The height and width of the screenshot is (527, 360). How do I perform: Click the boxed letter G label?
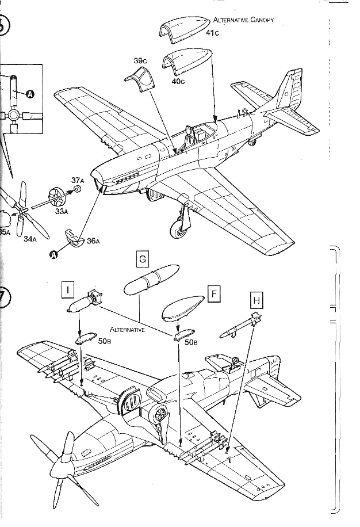142,259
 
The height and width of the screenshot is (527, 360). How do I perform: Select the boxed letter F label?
213,295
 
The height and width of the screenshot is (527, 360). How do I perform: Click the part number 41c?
213,32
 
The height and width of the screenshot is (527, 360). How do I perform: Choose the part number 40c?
178,81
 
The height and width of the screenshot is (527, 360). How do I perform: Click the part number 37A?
78,181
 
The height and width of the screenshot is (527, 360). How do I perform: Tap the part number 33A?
62,211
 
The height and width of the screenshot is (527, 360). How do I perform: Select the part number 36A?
94,241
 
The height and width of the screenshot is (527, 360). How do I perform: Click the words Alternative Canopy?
243,20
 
